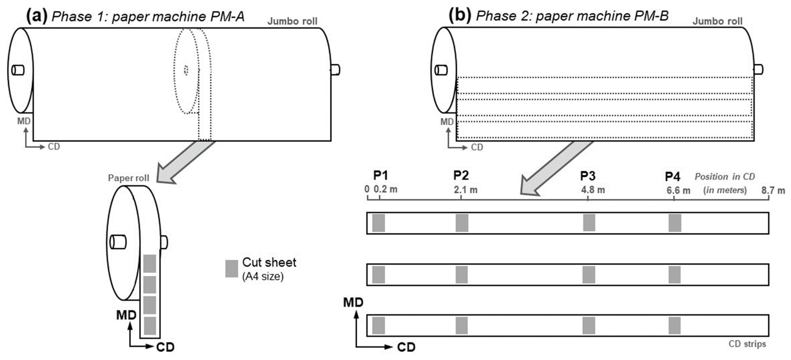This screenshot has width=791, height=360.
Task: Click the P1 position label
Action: pos(380,175)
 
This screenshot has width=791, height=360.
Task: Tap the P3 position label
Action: pos(588,176)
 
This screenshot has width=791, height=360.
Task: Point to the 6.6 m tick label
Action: pos(678,190)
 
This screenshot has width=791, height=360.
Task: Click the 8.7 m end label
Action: pos(772,190)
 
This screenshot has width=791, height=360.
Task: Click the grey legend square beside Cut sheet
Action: pos(231,269)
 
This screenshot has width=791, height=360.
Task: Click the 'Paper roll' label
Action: pos(128,178)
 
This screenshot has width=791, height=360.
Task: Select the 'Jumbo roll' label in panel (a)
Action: pos(292,21)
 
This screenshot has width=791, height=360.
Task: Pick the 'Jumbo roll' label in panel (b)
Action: pos(717,21)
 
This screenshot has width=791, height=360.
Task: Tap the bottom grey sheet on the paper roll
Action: pos(150,326)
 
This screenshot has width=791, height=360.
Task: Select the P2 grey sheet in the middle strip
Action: pos(461,275)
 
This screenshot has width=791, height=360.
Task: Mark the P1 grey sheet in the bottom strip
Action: pos(378,326)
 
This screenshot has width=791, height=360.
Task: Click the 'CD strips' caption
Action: pos(747,344)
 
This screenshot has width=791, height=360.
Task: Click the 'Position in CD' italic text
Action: pos(724,177)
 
